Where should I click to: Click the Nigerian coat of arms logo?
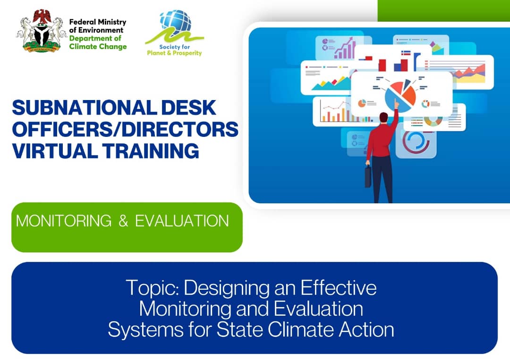click(x=41, y=31)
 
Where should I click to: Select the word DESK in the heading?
click(x=188, y=108)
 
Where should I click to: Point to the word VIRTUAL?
click(x=55, y=151)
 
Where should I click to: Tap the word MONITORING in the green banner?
click(x=64, y=221)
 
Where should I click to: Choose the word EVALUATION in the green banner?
click(x=182, y=221)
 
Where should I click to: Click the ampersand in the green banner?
click(x=123, y=221)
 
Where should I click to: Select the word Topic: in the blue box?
click(x=153, y=288)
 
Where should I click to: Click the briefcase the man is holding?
click(x=368, y=176)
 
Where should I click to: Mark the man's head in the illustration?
click(x=384, y=117)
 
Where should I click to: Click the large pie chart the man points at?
click(x=400, y=95)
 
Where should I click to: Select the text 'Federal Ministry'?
click(x=98, y=22)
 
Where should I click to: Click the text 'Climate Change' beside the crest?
click(x=98, y=46)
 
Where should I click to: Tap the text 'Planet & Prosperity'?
click(x=174, y=53)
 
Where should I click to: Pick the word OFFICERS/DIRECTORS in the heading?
click(x=125, y=129)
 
